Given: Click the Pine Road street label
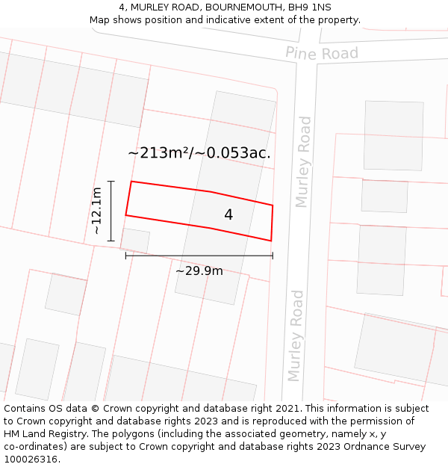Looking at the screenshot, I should [322, 53].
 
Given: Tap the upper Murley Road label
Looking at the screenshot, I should [302, 161].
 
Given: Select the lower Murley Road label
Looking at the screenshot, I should [296, 335].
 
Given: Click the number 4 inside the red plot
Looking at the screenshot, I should [228, 214].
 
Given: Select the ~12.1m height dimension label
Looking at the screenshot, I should [97, 211].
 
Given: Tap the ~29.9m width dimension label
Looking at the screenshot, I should [199, 270].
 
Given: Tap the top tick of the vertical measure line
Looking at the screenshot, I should [111, 181].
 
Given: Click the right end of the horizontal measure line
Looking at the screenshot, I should [273, 256].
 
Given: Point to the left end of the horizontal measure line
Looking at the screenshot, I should [125, 256].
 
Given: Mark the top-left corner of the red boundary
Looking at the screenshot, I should [131, 182].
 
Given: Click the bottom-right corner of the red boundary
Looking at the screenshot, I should [270, 241].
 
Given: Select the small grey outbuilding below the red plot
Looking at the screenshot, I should [135, 241].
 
